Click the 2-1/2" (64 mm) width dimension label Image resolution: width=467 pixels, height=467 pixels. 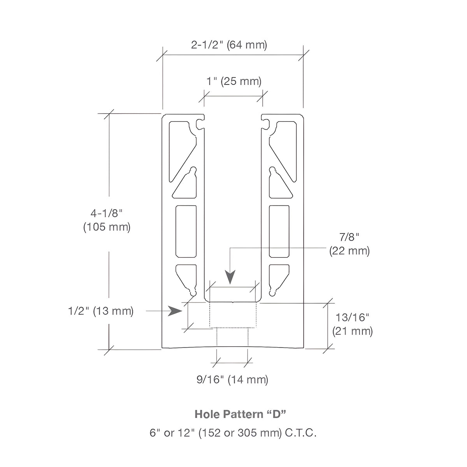click(x=229, y=45)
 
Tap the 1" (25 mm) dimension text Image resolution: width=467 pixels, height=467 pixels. click(x=234, y=81)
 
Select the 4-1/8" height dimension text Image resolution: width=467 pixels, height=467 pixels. click(x=107, y=213)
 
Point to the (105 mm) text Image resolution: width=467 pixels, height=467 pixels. click(x=107, y=227)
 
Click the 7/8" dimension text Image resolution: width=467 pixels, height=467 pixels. click(x=349, y=237)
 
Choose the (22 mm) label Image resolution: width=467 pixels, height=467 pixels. click(x=349, y=251)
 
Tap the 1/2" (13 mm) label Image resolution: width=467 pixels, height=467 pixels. click(x=101, y=311)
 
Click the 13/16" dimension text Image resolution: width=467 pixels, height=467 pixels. click(x=352, y=317)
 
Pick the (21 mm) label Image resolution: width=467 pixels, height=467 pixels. click(x=352, y=331)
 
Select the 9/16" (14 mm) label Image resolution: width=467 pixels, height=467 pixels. click(x=232, y=379)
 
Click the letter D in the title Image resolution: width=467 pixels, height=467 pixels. click(x=276, y=414)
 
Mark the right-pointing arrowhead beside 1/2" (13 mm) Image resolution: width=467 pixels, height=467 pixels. click(x=175, y=311)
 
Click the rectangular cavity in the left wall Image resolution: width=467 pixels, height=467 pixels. click(x=186, y=232)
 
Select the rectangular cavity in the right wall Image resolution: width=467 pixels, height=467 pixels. click(x=279, y=232)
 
